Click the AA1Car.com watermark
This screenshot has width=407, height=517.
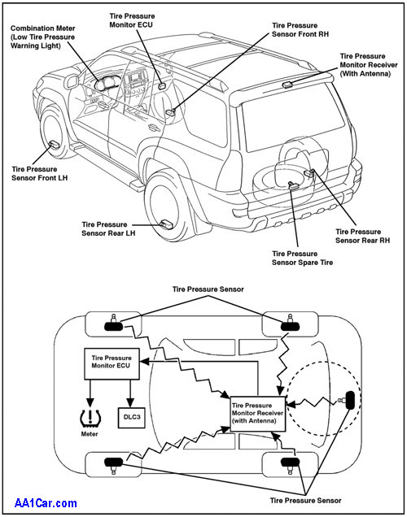pos(46,503)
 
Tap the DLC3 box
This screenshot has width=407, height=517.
pos(132,418)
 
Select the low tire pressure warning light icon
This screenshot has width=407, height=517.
pos(90,417)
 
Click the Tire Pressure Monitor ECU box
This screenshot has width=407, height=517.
pos(112,363)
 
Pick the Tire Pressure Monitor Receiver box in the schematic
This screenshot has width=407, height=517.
pos(257,414)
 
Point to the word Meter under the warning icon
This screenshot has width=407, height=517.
pos(90,434)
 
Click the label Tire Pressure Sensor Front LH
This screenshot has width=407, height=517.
pos(40,173)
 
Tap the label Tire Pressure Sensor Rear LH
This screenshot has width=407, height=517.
pos(108,228)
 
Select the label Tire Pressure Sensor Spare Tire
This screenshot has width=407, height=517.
pos(302,258)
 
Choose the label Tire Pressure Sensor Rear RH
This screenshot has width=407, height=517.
pos(362,236)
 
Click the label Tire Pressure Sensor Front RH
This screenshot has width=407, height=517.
pos(300,30)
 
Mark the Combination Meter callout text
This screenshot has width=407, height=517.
pos(43,37)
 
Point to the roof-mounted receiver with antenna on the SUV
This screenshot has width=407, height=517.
pos(287,85)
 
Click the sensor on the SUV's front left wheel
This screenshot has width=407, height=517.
pos(54,144)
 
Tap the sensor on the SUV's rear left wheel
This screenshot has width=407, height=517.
pos(166,224)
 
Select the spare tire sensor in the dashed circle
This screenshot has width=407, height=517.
pos(348,400)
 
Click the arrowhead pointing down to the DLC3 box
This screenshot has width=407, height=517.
pos(130,403)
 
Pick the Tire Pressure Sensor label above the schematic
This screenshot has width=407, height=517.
pos(208,289)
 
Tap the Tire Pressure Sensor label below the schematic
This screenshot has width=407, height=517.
pos(306,501)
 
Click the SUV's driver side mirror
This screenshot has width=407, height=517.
pos(72,81)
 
